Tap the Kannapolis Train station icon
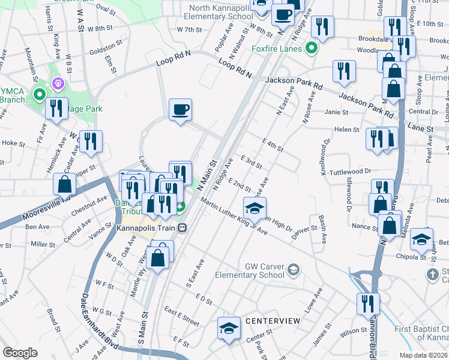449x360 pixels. [x=182, y=228]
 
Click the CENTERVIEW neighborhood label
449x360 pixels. [x=273, y=322]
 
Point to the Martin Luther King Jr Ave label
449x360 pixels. [x=234, y=217]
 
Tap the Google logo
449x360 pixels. [x=20, y=352]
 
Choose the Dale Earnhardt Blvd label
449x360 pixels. [x=97, y=318]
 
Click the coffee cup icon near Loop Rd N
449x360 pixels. [x=180, y=110]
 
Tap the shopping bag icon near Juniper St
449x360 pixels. [x=65, y=183]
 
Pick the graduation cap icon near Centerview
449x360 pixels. [x=229, y=328]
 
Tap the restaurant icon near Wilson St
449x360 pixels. [x=367, y=304]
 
